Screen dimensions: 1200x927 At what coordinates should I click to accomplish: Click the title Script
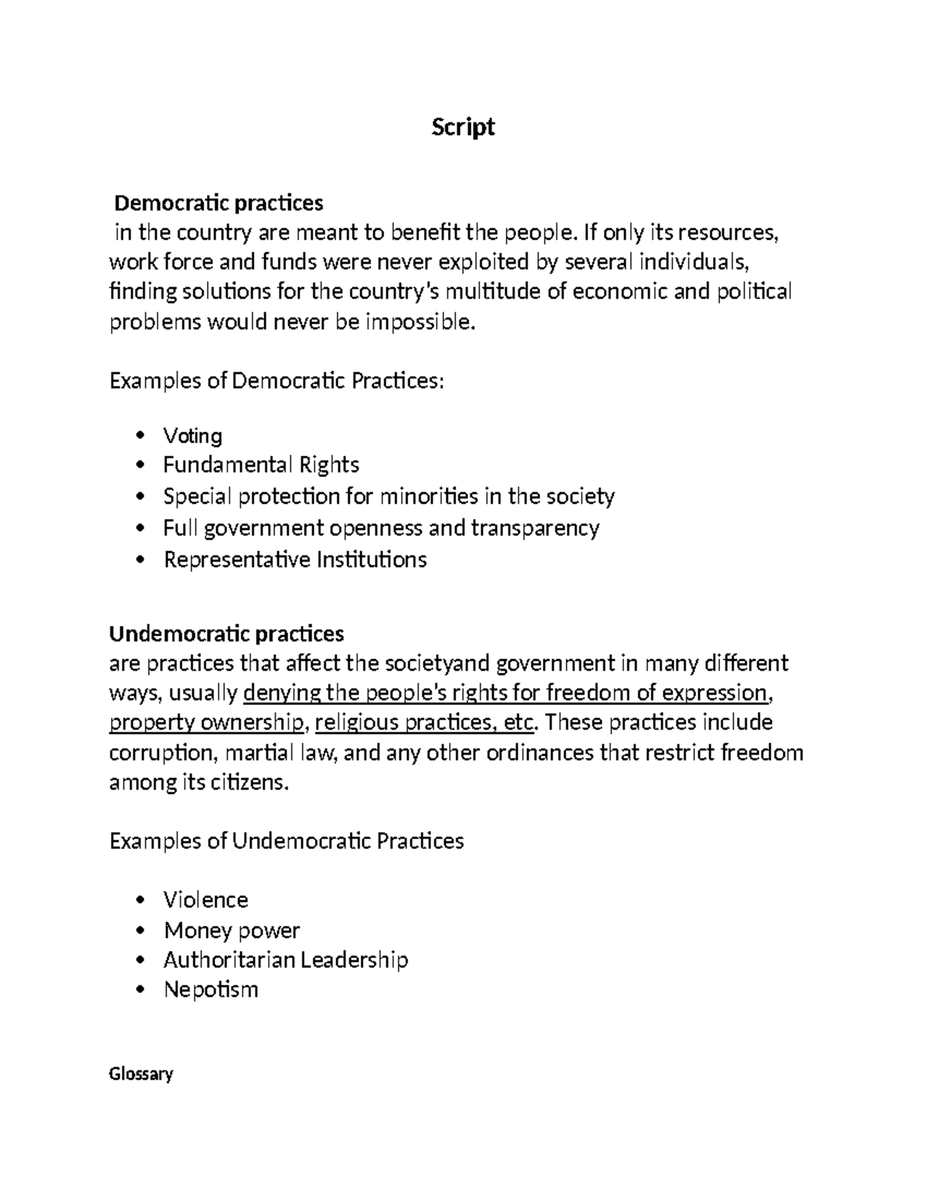(463, 127)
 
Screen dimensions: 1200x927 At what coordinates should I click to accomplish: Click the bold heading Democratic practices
(219, 203)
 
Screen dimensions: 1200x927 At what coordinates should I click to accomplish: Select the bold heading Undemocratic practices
(226, 634)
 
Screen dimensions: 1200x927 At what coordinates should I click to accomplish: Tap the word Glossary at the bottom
(141, 1074)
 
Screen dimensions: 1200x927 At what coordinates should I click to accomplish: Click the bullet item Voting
(192, 436)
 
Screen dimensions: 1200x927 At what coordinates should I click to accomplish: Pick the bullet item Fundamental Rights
(261, 465)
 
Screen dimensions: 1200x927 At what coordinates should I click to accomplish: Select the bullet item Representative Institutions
(295, 559)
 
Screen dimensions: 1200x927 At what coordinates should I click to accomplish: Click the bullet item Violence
(205, 900)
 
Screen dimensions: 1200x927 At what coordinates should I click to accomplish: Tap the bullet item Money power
(231, 930)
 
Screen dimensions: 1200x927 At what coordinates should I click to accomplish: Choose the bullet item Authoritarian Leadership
(285, 960)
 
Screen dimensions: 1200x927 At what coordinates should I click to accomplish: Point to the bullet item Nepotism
(210, 990)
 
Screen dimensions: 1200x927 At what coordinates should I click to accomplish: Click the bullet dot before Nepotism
(140, 990)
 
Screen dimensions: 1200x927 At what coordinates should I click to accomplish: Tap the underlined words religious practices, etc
(425, 723)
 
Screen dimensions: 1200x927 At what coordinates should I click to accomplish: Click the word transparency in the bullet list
(535, 529)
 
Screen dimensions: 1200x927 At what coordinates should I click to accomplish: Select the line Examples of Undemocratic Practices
(287, 841)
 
